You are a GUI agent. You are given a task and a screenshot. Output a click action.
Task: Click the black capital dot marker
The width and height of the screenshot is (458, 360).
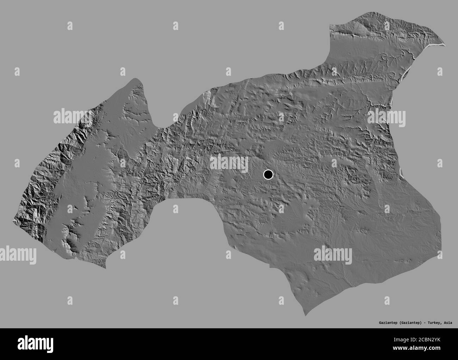[x=268, y=174]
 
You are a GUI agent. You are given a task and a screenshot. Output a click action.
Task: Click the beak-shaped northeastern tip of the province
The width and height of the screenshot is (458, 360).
[x=443, y=44]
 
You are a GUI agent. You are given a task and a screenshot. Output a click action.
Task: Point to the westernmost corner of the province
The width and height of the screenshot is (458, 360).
[x=13, y=220]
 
